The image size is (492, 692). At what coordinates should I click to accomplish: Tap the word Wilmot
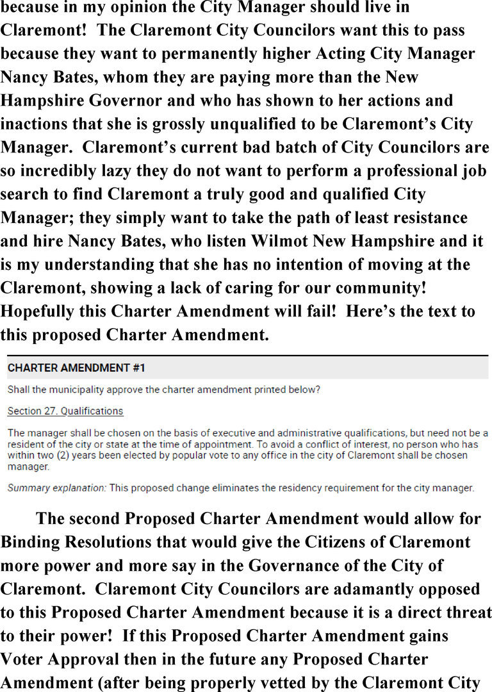(x=242, y=242)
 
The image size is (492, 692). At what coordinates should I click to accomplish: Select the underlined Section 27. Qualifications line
(x=65, y=411)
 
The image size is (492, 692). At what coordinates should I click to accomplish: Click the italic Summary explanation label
(x=56, y=488)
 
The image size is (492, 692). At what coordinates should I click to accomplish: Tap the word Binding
(x=37, y=543)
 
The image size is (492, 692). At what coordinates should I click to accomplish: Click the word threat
(x=466, y=612)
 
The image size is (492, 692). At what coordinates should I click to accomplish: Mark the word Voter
(x=26, y=659)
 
